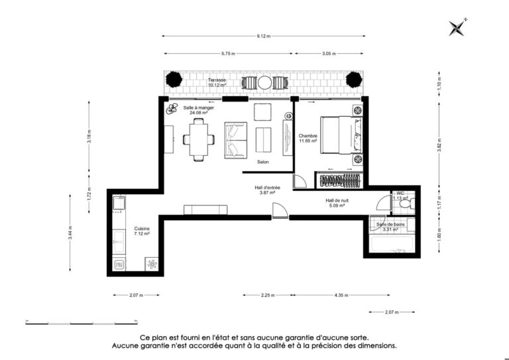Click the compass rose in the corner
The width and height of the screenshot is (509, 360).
tap(457, 27)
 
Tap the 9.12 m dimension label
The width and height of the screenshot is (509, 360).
tap(264, 36)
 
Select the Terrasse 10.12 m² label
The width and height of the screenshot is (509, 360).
tap(217, 82)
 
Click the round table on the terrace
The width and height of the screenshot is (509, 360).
tap(264, 83)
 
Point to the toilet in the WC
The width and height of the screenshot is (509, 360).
tap(407, 204)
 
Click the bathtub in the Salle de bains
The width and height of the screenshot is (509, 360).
tap(392, 244)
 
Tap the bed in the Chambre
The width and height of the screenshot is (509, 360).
tap(341, 135)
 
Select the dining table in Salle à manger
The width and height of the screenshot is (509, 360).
tap(199, 140)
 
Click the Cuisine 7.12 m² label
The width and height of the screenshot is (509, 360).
tap(142, 231)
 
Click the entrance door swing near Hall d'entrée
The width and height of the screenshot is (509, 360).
tap(279, 210)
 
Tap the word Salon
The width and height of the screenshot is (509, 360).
tap(263, 162)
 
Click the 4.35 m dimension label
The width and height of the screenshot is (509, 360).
tap(341, 295)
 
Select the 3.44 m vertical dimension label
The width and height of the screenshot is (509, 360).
tap(70, 233)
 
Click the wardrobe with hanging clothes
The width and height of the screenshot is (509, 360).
tap(340, 180)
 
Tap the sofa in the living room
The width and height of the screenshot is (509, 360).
tap(235, 140)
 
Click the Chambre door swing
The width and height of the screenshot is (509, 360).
tap(298, 181)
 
